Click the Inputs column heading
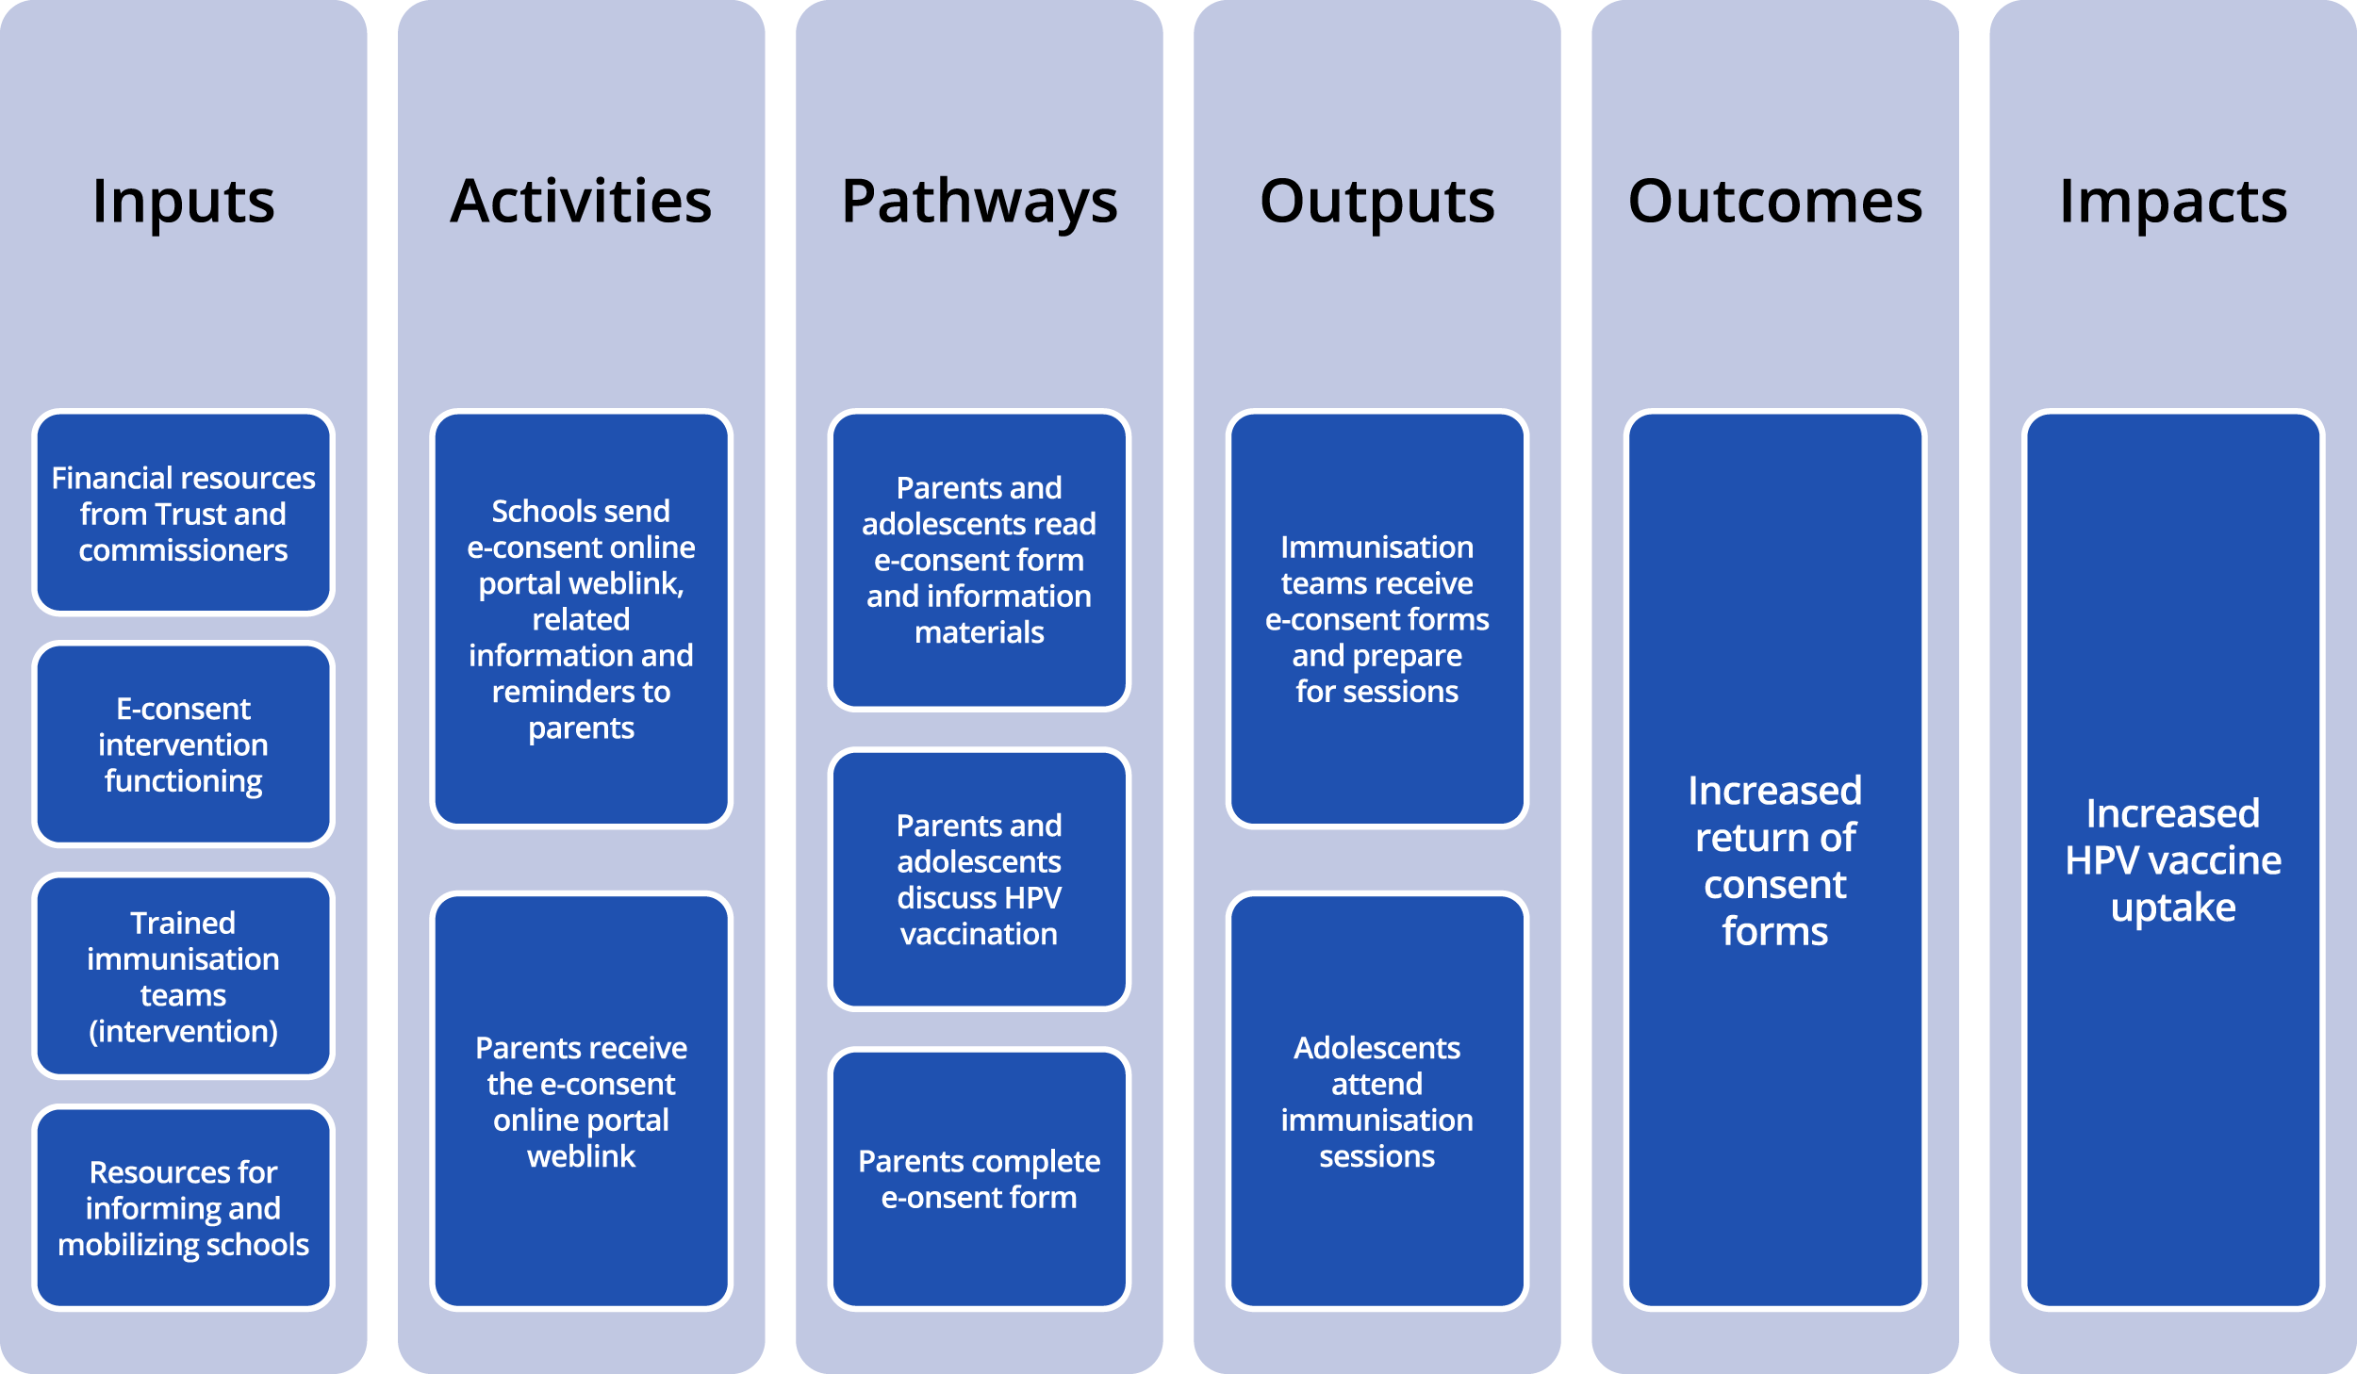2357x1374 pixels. (x=183, y=202)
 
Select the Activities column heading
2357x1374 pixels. (x=581, y=202)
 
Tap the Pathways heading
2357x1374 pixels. (x=979, y=202)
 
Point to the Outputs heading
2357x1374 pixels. (x=1376, y=202)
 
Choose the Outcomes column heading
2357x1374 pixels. (x=1774, y=202)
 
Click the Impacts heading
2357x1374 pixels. (x=2172, y=202)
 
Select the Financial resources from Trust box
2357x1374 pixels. (x=183, y=513)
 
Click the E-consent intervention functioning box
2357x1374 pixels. (x=183, y=744)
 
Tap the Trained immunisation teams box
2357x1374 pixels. (x=183, y=975)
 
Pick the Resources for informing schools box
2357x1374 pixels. (x=183, y=1207)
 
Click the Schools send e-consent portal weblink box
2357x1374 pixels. (x=581, y=619)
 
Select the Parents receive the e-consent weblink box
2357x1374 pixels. (x=581, y=1101)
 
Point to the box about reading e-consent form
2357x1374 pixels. (x=979, y=560)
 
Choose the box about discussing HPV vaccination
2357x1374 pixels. (x=979, y=878)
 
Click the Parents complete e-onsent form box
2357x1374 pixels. (x=979, y=1178)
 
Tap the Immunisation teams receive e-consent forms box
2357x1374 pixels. (x=1376, y=619)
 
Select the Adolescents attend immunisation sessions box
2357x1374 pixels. (x=1376, y=1101)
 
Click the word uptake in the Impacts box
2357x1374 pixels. (x=2172, y=908)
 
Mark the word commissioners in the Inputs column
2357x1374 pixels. (x=183, y=550)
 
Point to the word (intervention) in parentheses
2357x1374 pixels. (x=183, y=1031)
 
